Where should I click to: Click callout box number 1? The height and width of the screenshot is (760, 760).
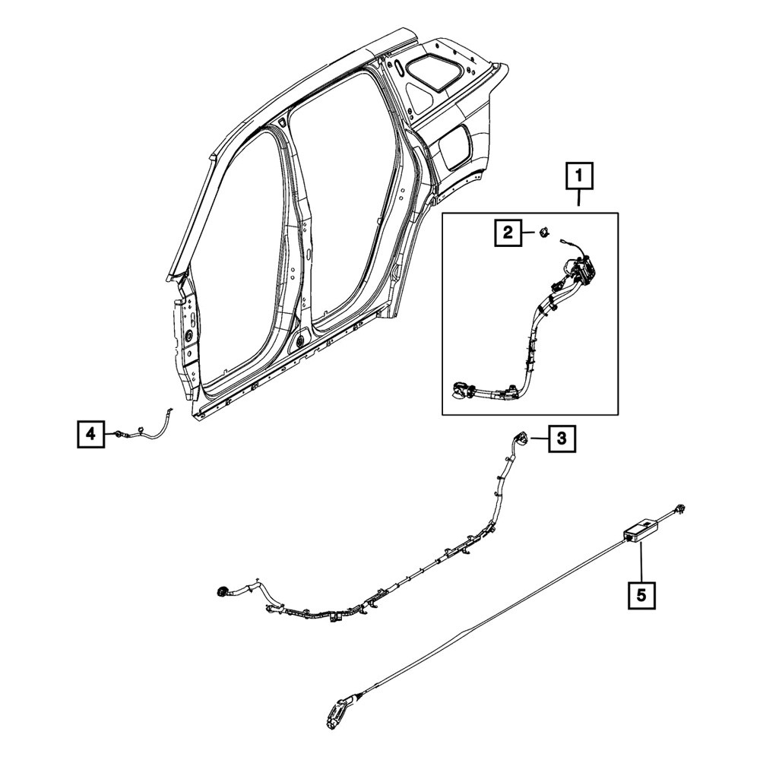[x=578, y=176]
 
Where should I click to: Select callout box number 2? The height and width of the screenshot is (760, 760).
[x=508, y=233]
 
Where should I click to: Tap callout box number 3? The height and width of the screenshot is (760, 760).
[x=562, y=439]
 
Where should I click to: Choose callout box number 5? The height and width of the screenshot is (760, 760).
[x=641, y=595]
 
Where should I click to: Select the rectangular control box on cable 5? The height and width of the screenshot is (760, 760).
[x=639, y=530]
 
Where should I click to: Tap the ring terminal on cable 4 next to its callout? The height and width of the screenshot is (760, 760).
[x=118, y=434]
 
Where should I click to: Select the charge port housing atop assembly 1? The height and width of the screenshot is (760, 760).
[x=579, y=270]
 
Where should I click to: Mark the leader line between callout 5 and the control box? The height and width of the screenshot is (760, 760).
[x=641, y=562]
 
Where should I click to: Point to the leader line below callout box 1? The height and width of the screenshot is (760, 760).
[x=578, y=200]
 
